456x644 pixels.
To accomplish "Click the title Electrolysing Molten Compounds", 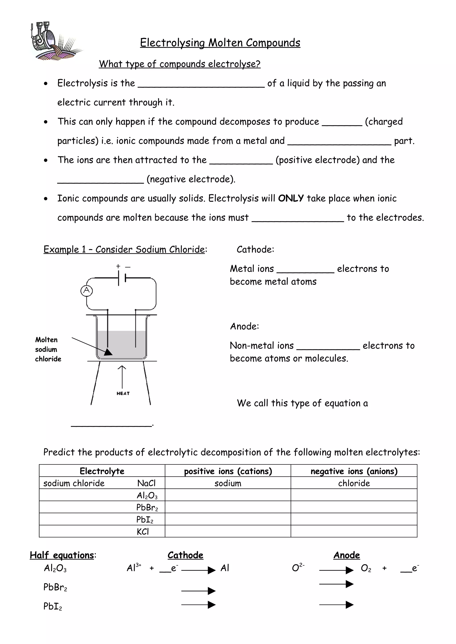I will (x=220, y=43).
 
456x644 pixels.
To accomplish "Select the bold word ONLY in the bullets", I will (x=291, y=198).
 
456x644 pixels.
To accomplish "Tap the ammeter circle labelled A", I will (x=87, y=290).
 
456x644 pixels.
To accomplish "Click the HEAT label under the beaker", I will (x=123, y=393).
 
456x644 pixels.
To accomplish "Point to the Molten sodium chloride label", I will (x=48, y=349).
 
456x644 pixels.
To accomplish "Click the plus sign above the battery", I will (x=118, y=266).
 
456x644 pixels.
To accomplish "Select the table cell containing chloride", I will (x=354, y=483).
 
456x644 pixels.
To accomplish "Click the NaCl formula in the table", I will (x=146, y=483).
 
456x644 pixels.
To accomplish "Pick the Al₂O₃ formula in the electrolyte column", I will (x=147, y=495).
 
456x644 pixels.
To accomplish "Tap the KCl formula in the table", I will (x=143, y=532).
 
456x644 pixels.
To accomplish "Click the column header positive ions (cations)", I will (x=228, y=471).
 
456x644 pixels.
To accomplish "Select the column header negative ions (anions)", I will (x=354, y=471).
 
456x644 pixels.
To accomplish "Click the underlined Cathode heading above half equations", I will (x=185, y=555).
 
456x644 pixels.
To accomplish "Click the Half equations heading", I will (x=62, y=555).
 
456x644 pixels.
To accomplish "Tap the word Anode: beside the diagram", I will (x=244, y=326).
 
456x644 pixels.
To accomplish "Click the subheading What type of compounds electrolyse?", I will (x=179, y=64).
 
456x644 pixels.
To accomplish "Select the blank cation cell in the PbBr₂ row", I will (x=228, y=507).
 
